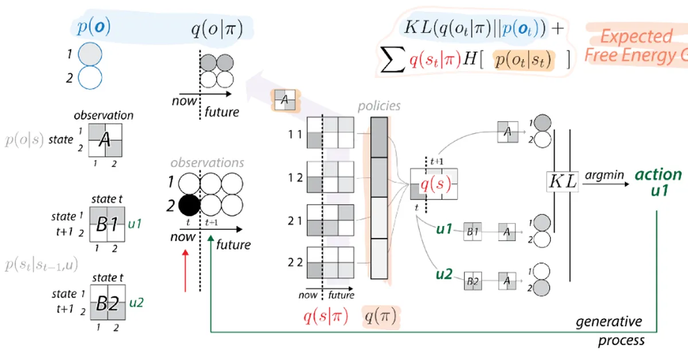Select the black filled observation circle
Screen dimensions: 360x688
(188, 205)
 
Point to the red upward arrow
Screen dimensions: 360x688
(185, 270)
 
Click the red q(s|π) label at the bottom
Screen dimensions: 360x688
(326, 317)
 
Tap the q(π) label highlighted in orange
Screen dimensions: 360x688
(381, 317)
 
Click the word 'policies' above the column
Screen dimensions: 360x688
(379, 106)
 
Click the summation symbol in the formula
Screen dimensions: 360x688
(393, 60)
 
